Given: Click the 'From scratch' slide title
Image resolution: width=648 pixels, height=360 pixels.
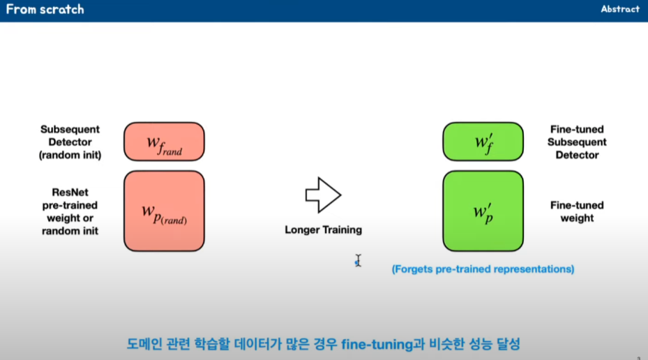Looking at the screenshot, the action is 45,10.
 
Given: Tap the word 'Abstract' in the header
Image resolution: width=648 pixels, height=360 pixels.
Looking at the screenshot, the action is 620,9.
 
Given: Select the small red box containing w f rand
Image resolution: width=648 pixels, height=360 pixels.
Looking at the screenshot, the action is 164,142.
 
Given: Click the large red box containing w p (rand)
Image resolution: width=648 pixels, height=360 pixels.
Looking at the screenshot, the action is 164,211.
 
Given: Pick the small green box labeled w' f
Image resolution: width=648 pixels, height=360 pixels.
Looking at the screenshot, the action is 483,142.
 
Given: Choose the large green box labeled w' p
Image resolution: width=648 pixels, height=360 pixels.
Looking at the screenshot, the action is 483,211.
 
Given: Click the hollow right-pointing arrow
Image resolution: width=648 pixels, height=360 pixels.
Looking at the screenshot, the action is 323,195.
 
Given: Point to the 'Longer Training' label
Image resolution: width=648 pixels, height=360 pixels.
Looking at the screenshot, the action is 323,230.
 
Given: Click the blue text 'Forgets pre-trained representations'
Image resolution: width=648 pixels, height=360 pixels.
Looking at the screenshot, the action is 483,269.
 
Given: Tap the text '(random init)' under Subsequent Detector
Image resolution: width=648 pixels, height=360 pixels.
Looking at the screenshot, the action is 70,155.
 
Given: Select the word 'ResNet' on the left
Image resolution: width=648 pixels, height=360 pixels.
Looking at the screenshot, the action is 70,192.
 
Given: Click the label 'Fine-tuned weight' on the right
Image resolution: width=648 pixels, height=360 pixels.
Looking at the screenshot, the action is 577,211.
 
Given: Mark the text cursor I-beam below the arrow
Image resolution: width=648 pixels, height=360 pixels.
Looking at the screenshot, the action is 358,260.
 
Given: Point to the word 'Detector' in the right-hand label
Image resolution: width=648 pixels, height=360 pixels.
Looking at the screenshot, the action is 577,155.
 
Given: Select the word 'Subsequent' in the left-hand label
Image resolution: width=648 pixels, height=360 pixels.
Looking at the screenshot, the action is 70,129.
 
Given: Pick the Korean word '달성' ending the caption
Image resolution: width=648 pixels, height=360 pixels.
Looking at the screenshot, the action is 508,344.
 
